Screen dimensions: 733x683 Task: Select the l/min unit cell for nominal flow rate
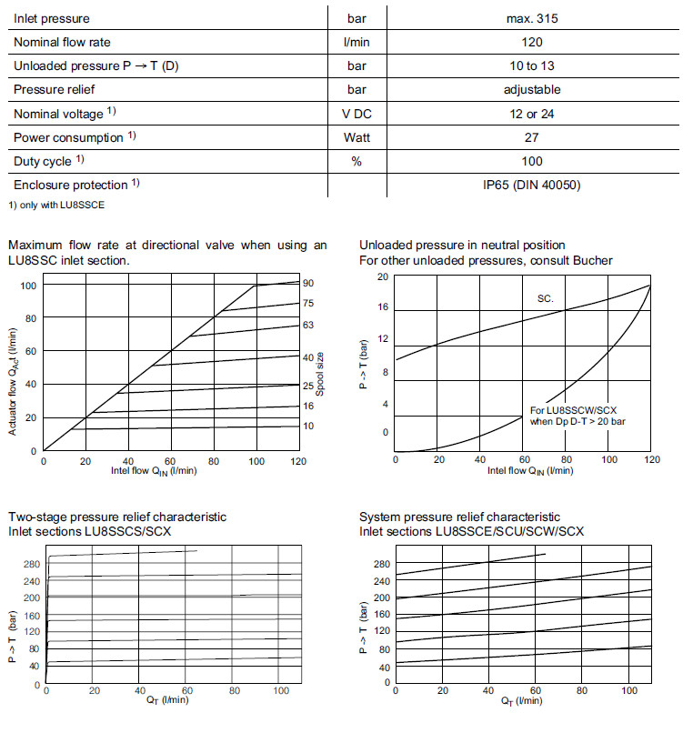357,42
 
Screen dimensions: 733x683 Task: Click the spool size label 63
308,325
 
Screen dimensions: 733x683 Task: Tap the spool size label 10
308,426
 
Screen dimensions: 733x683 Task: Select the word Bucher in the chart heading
593,260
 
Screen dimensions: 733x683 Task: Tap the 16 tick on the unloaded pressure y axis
384,307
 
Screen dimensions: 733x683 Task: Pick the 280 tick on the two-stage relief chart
29,564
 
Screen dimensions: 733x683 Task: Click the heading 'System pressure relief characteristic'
459,517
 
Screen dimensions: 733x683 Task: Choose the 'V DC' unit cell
357,114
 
